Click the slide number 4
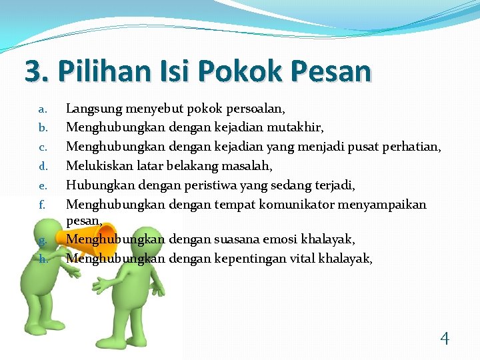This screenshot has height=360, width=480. (x=445, y=339)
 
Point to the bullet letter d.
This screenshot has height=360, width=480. (x=41, y=165)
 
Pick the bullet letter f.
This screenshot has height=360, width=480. (x=41, y=205)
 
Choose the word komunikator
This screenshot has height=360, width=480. (x=290, y=204)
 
